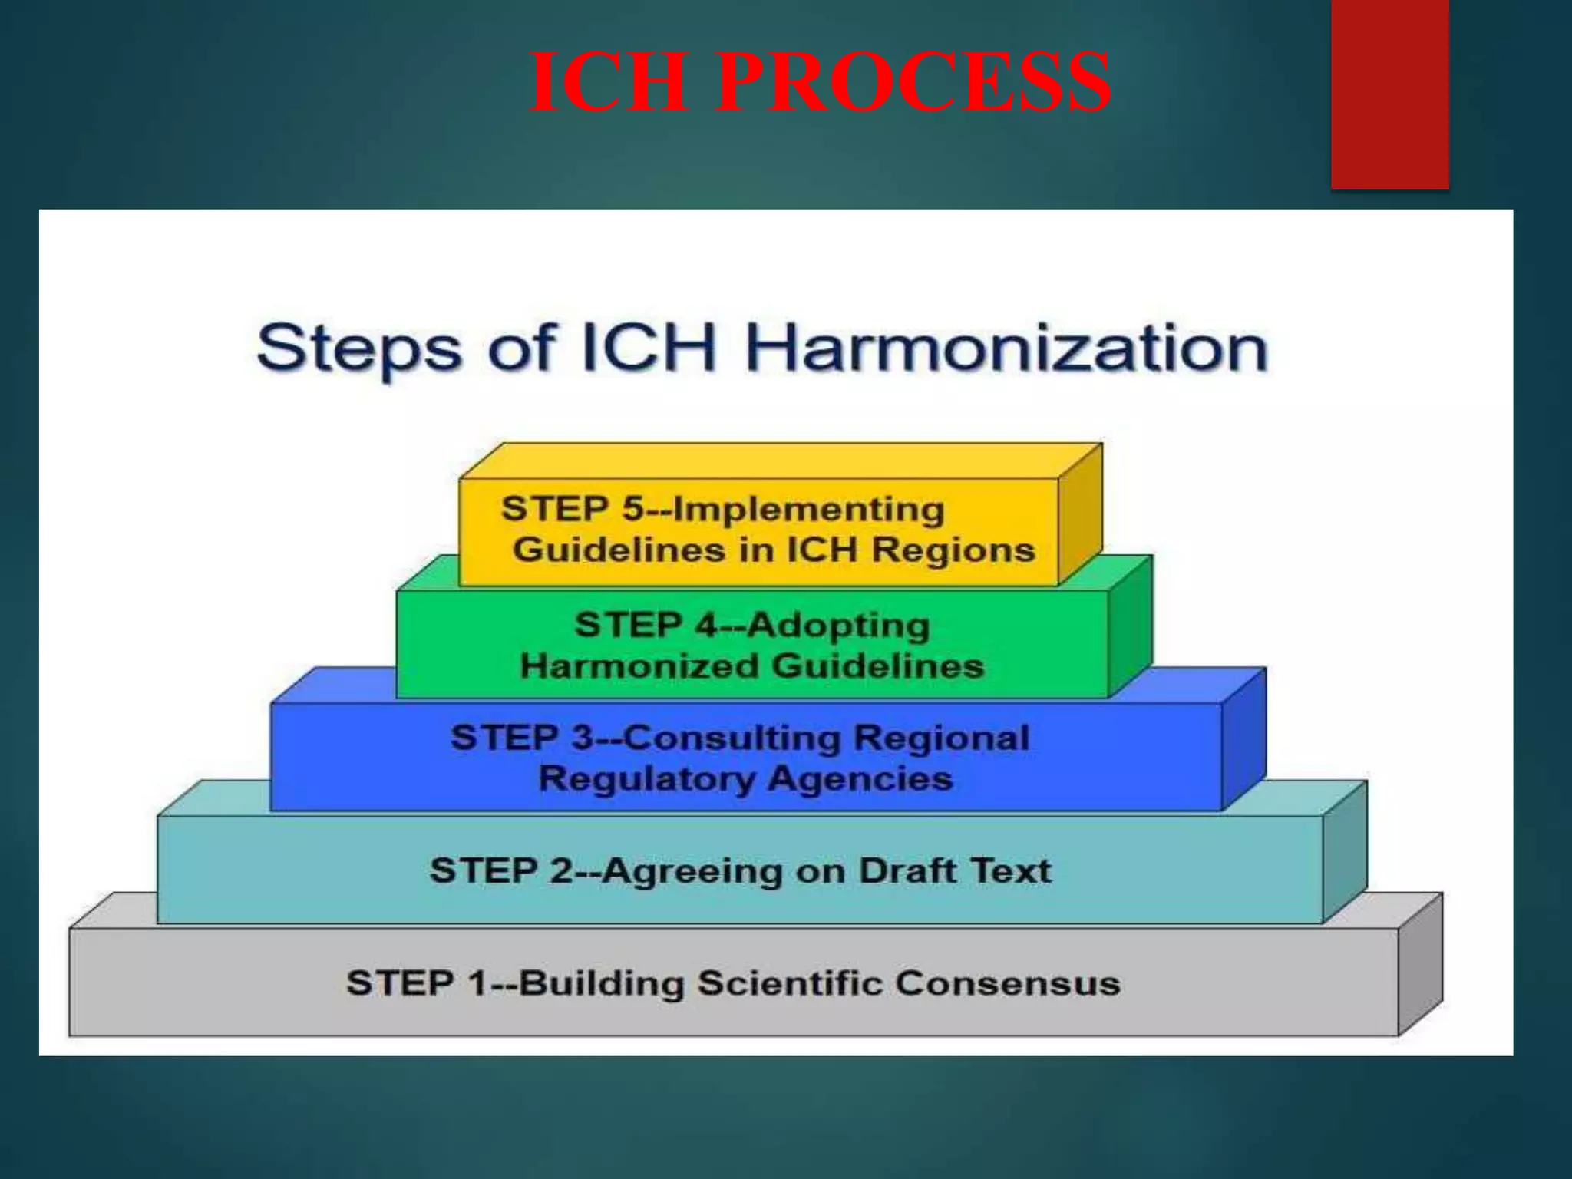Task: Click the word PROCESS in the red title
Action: (x=913, y=81)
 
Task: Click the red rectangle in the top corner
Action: (x=1389, y=92)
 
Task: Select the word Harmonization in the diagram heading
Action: (x=1006, y=348)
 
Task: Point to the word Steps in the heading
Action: (x=358, y=350)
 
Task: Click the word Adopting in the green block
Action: (x=838, y=626)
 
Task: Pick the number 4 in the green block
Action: (x=706, y=625)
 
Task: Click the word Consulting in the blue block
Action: (x=732, y=738)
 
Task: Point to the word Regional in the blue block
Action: (x=942, y=738)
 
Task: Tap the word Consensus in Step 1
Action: (x=1008, y=983)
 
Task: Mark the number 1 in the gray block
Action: (x=477, y=983)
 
